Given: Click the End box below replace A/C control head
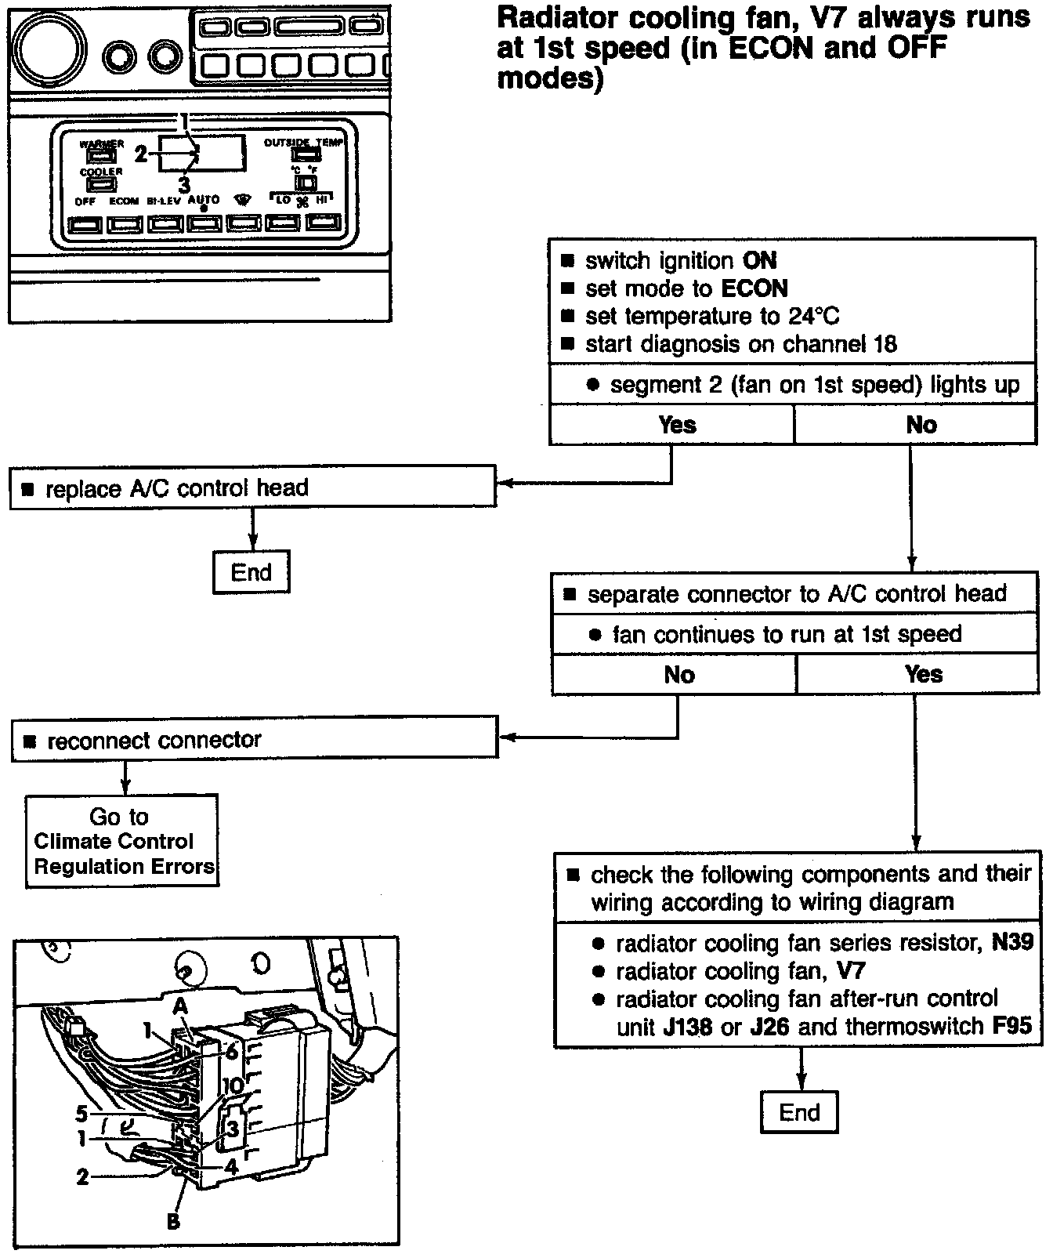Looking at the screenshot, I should tap(251, 572).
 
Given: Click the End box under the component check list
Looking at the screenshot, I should tap(798, 1112).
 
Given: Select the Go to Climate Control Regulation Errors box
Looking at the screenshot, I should tap(121, 841).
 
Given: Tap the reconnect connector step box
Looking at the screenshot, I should tap(255, 740).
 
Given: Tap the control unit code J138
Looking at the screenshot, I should tap(687, 1026).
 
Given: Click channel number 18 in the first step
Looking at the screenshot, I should tap(884, 344).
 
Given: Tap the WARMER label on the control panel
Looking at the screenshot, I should tap(101, 144).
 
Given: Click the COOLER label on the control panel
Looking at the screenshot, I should tap(101, 172).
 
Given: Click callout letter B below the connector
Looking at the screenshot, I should tap(173, 1220).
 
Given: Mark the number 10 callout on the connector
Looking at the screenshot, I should tap(233, 1085).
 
